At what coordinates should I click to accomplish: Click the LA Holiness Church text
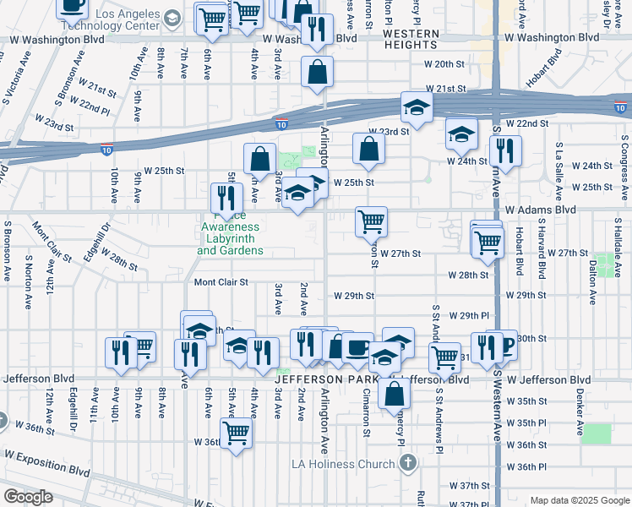pyautogui.click(x=342, y=464)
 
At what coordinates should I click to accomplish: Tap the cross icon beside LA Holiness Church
pyautogui.click(x=408, y=463)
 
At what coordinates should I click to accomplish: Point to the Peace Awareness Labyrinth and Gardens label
pyautogui.click(x=230, y=239)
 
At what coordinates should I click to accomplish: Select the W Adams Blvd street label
pyautogui.click(x=541, y=209)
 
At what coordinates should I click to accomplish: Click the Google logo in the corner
pyautogui.click(x=30, y=497)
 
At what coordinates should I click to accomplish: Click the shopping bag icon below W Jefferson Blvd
pyautogui.click(x=395, y=393)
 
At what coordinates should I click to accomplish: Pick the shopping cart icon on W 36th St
pyautogui.click(x=237, y=433)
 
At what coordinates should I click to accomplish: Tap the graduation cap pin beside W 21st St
pyautogui.click(x=417, y=107)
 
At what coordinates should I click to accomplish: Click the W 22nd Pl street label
pyautogui.click(x=91, y=106)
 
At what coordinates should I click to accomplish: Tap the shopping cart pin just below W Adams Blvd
pyautogui.click(x=372, y=223)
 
